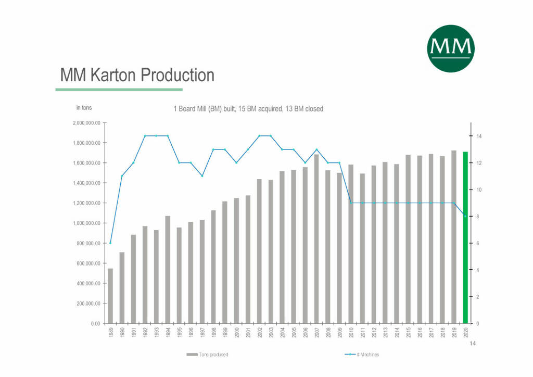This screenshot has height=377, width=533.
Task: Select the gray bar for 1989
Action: tap(110, 296)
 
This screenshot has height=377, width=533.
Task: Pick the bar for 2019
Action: tap(454, 237)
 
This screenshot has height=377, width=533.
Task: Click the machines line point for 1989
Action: tap(110, 243)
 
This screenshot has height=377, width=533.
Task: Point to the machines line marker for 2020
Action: tap(465, 216)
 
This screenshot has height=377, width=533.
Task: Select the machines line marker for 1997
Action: tap(202, 175)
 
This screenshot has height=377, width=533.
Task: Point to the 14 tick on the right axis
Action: tap(478, 136)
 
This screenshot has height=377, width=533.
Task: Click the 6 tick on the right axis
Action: tap(477, 243)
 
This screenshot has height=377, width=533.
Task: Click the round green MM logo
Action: tap(451, 48)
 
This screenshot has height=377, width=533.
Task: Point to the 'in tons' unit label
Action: tap(84, 108)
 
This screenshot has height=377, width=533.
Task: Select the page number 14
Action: tap(473, 344)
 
